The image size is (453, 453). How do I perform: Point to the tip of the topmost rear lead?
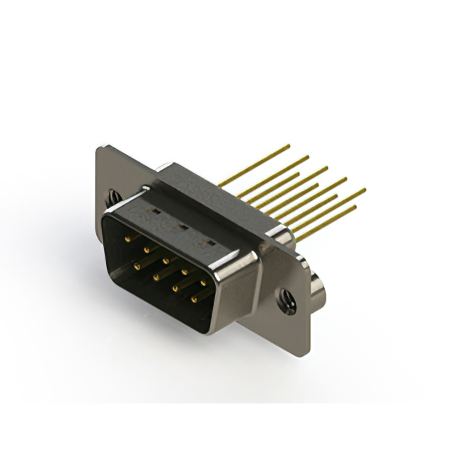pyautogui.click(x=289, y=146)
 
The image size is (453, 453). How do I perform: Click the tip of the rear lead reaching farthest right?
pyautogui.click(x=365, y=189)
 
